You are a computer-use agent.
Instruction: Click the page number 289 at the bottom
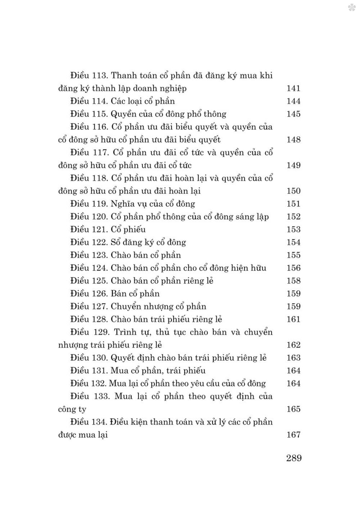294,458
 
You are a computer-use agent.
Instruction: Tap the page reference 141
293,89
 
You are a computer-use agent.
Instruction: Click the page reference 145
293,114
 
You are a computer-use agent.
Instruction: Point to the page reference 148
293,140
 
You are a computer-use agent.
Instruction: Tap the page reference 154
293,242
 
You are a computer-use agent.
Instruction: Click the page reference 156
293,268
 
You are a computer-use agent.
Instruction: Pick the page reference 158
293,281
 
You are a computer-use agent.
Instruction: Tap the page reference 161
293,320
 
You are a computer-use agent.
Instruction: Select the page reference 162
293,345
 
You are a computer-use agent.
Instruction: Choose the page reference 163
293,358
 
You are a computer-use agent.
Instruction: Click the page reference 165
293,409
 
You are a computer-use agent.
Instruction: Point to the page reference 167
293,435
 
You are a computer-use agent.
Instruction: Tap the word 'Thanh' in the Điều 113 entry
125,76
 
